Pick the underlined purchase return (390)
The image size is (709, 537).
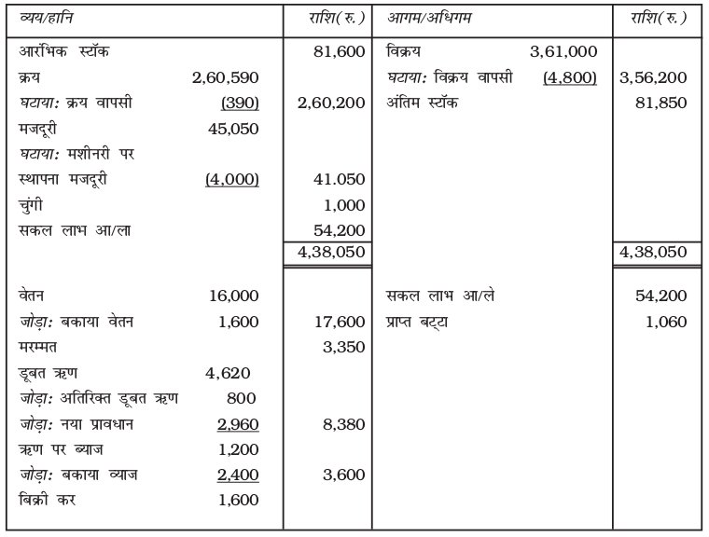[x=239, y=102]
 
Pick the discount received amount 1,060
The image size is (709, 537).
[x=668, y=323]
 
